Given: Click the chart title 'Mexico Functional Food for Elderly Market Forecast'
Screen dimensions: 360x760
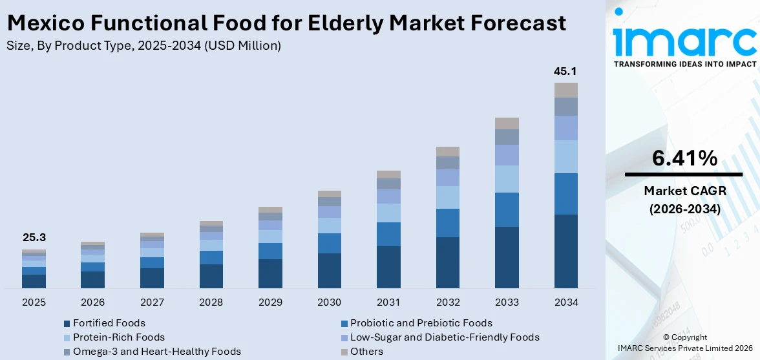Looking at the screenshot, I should [x=286, y=23].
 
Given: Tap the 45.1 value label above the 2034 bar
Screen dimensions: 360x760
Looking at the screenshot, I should [x=565, y=71].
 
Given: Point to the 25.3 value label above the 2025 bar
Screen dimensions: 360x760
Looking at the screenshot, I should [x=34, y=238].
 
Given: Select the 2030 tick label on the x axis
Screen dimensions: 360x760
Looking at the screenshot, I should [x=329, y=302].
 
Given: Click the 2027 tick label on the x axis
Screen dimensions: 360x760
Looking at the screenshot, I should [x=152, y=302].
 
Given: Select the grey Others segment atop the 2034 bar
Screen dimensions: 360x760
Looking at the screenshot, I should [x=565, y=90].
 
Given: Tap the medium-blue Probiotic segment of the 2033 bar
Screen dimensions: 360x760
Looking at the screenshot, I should [x=507, y=209].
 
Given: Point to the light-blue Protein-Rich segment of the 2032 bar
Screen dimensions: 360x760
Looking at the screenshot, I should [x=447, y=197].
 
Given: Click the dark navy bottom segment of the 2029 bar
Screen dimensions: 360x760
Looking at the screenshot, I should [x=270, y=273].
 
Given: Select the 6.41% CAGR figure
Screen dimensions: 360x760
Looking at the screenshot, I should [x=684, y=158].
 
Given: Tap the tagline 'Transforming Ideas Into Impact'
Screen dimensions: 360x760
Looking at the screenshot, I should [x=684, y=64].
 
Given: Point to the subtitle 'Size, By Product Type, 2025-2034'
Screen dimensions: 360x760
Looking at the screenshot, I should [x=143, y=45].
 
